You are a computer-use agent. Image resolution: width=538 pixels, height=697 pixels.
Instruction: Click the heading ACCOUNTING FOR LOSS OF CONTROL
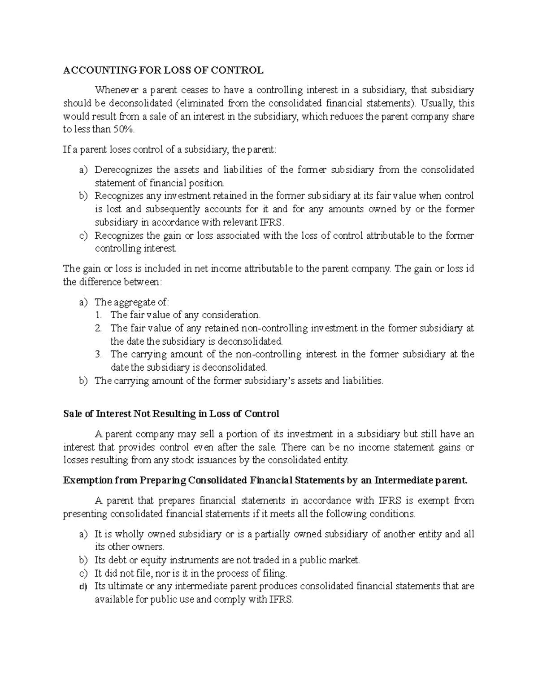(163, 70)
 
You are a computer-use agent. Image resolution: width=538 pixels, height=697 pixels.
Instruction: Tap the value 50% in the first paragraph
(123, 130)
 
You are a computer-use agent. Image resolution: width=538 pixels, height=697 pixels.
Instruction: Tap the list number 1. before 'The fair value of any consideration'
(99, 315)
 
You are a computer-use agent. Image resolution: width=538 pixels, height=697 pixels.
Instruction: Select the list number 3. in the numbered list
(99, 354)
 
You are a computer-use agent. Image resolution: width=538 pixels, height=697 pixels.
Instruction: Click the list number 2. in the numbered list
(99, 328)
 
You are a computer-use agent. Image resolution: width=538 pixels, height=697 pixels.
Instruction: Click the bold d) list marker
(82, 586)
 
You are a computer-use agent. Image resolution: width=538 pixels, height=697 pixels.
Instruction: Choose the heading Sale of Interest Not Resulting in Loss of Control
(171, 413)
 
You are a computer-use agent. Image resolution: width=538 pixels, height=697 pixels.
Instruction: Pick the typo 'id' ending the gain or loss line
(470, 269)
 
